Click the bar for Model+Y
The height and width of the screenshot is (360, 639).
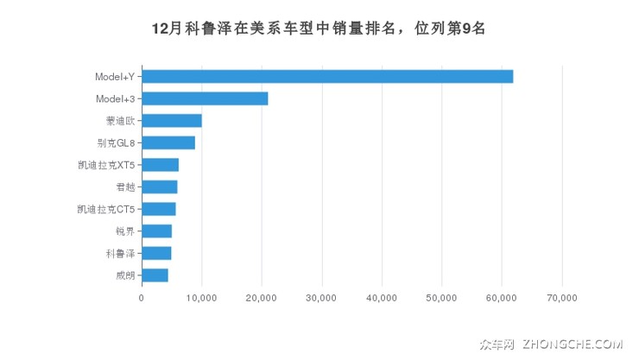[x=327, y=76]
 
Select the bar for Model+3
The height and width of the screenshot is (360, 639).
[x=205, y=98]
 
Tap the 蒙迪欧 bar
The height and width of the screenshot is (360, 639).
[x=172, y=120]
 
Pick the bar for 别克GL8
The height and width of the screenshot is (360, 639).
[x=168, y=142]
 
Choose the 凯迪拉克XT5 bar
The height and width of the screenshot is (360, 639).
[x=160, y=165]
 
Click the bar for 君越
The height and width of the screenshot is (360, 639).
[x=159, y=186]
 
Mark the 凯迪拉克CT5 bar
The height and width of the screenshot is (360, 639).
[x=158, y=209]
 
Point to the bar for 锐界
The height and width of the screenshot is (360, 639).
[x=156, y=231]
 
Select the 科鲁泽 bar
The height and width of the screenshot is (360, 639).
[x=156, y=253]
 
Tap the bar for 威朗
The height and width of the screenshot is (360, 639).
[x=155, y=275]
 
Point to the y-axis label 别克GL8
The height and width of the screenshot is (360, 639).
[x=117, y=142]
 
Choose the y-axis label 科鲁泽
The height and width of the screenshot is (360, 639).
[x=120, y=253]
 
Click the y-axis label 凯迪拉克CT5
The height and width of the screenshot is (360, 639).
[x=106, y=209]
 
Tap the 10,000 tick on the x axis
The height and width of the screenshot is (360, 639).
[x=201, y=298]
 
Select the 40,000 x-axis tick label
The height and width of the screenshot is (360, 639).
[x=382, y=298]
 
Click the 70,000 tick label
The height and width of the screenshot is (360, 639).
[x=562, y=298]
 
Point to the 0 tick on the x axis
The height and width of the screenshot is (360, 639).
[x=142, y=298]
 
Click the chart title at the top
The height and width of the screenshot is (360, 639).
[x=319, y=28]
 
